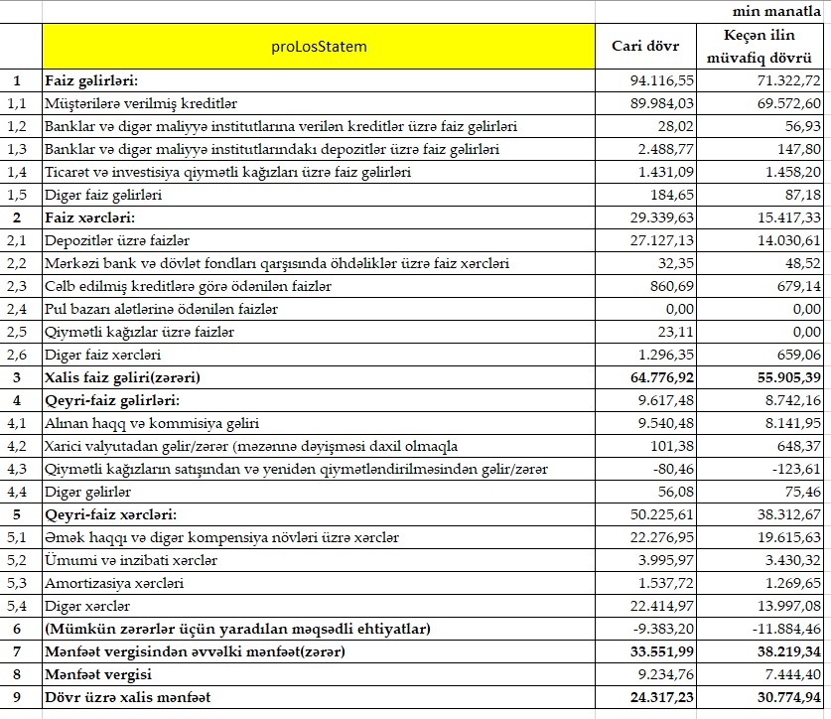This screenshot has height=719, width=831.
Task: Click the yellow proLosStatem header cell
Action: point(318,46)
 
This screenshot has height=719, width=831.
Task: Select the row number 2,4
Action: point(17,309)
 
